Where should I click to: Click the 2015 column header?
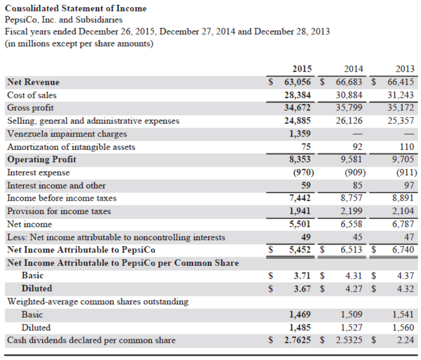click(x=302, y=68)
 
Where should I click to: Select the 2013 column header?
click(x=405, y=68)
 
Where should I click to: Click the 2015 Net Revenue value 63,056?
click(x=297, y=82)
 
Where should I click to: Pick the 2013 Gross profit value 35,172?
click(x=402, y=107)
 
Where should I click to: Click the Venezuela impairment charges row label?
click(x=67, y=134)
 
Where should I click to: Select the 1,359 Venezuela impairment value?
click(x=300, y=134)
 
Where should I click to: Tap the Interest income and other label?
click(x=57, y=185)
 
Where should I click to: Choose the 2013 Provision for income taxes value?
click(x=404, y=211)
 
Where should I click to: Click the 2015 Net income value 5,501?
click(x=300, y=224)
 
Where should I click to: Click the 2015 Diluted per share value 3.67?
click(x=303, y=289)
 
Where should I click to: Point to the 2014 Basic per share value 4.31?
click(x=354, y=275)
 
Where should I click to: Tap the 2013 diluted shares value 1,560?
click(x=404, y=327)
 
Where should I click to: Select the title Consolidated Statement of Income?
click(x=76, y=8)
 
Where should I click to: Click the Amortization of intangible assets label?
click(x=71, y=146)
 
